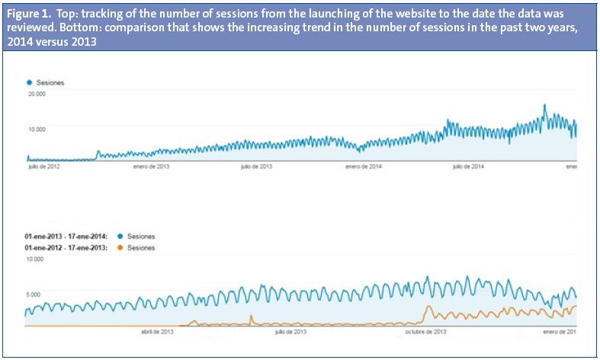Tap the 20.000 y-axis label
37,94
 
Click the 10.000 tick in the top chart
37,128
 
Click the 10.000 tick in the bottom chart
37,260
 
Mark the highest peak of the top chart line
544,106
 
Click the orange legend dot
117,248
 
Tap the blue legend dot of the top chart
29,81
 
